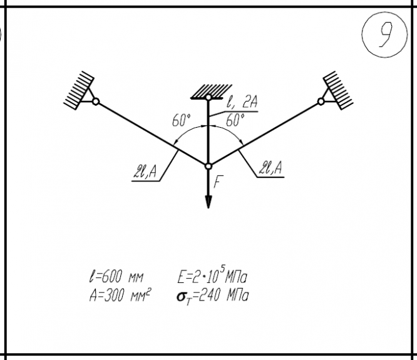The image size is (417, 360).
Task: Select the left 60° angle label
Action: (182, 121)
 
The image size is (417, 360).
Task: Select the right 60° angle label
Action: (235, 120)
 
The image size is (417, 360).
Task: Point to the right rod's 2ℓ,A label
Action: (270, 167)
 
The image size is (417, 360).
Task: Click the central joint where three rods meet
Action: (209, 165)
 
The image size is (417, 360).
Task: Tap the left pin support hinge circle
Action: (96, 101)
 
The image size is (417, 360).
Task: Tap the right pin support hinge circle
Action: (321, 101)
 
